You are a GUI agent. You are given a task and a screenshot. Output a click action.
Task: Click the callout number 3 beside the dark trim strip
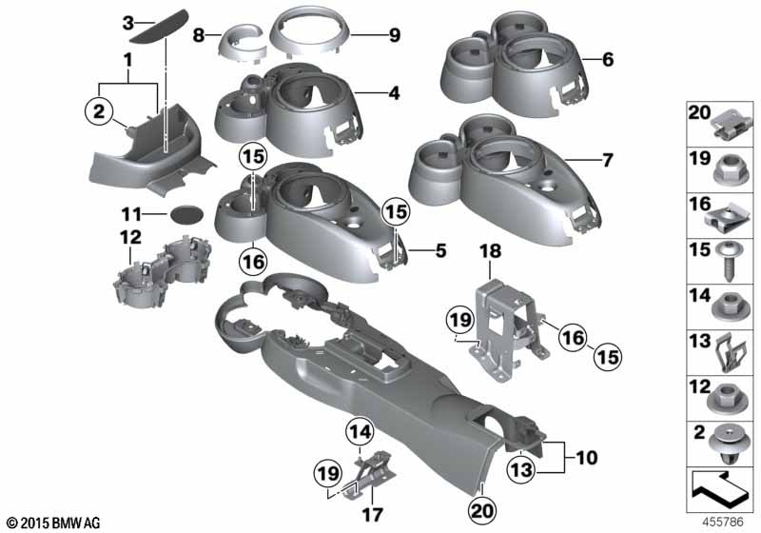(x=127, y=22)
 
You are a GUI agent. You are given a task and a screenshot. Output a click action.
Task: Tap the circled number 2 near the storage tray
(x=99, y=111)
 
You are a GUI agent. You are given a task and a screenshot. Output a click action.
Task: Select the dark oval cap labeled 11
(x=186, y=214)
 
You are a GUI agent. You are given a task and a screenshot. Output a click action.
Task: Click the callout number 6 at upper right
(x=608, y=60)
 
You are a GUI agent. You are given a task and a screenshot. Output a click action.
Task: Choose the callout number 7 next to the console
(x=607, y=160)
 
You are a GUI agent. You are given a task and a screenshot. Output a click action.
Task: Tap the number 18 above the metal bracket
(x=490, y=251)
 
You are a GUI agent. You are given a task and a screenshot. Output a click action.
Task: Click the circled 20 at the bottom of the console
(x=482, y=510)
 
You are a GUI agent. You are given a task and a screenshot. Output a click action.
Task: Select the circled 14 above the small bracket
(x=360, y=431)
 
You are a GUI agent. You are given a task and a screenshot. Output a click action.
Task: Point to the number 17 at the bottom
(x=372, y=514)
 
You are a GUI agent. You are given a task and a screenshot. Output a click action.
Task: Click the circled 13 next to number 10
(x=521, y=470)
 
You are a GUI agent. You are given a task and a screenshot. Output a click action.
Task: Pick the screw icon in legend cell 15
(x=730, y=261)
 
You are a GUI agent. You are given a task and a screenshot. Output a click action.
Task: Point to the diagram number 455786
(x=723, y=522)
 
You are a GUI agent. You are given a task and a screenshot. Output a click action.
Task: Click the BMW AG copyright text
(x=54, y=523)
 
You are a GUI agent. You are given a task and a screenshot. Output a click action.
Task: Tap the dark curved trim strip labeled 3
(x=160, y=27)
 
